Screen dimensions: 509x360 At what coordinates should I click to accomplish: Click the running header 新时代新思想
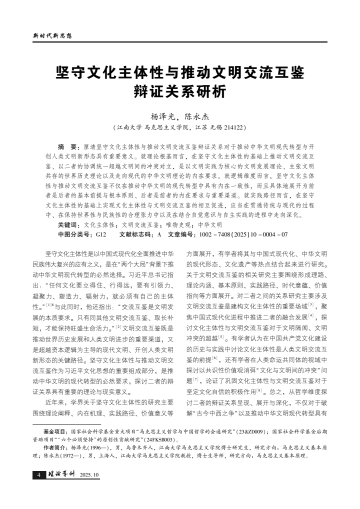point(52,36)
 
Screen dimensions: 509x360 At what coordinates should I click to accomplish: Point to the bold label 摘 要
point(68,147)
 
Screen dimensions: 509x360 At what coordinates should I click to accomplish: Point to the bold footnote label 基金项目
point(55,430)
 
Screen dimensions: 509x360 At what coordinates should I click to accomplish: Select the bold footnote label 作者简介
point(55,448)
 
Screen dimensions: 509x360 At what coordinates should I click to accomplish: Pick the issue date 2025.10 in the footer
point(89,474)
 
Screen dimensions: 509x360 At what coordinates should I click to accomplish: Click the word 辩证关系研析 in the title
point(179,91)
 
